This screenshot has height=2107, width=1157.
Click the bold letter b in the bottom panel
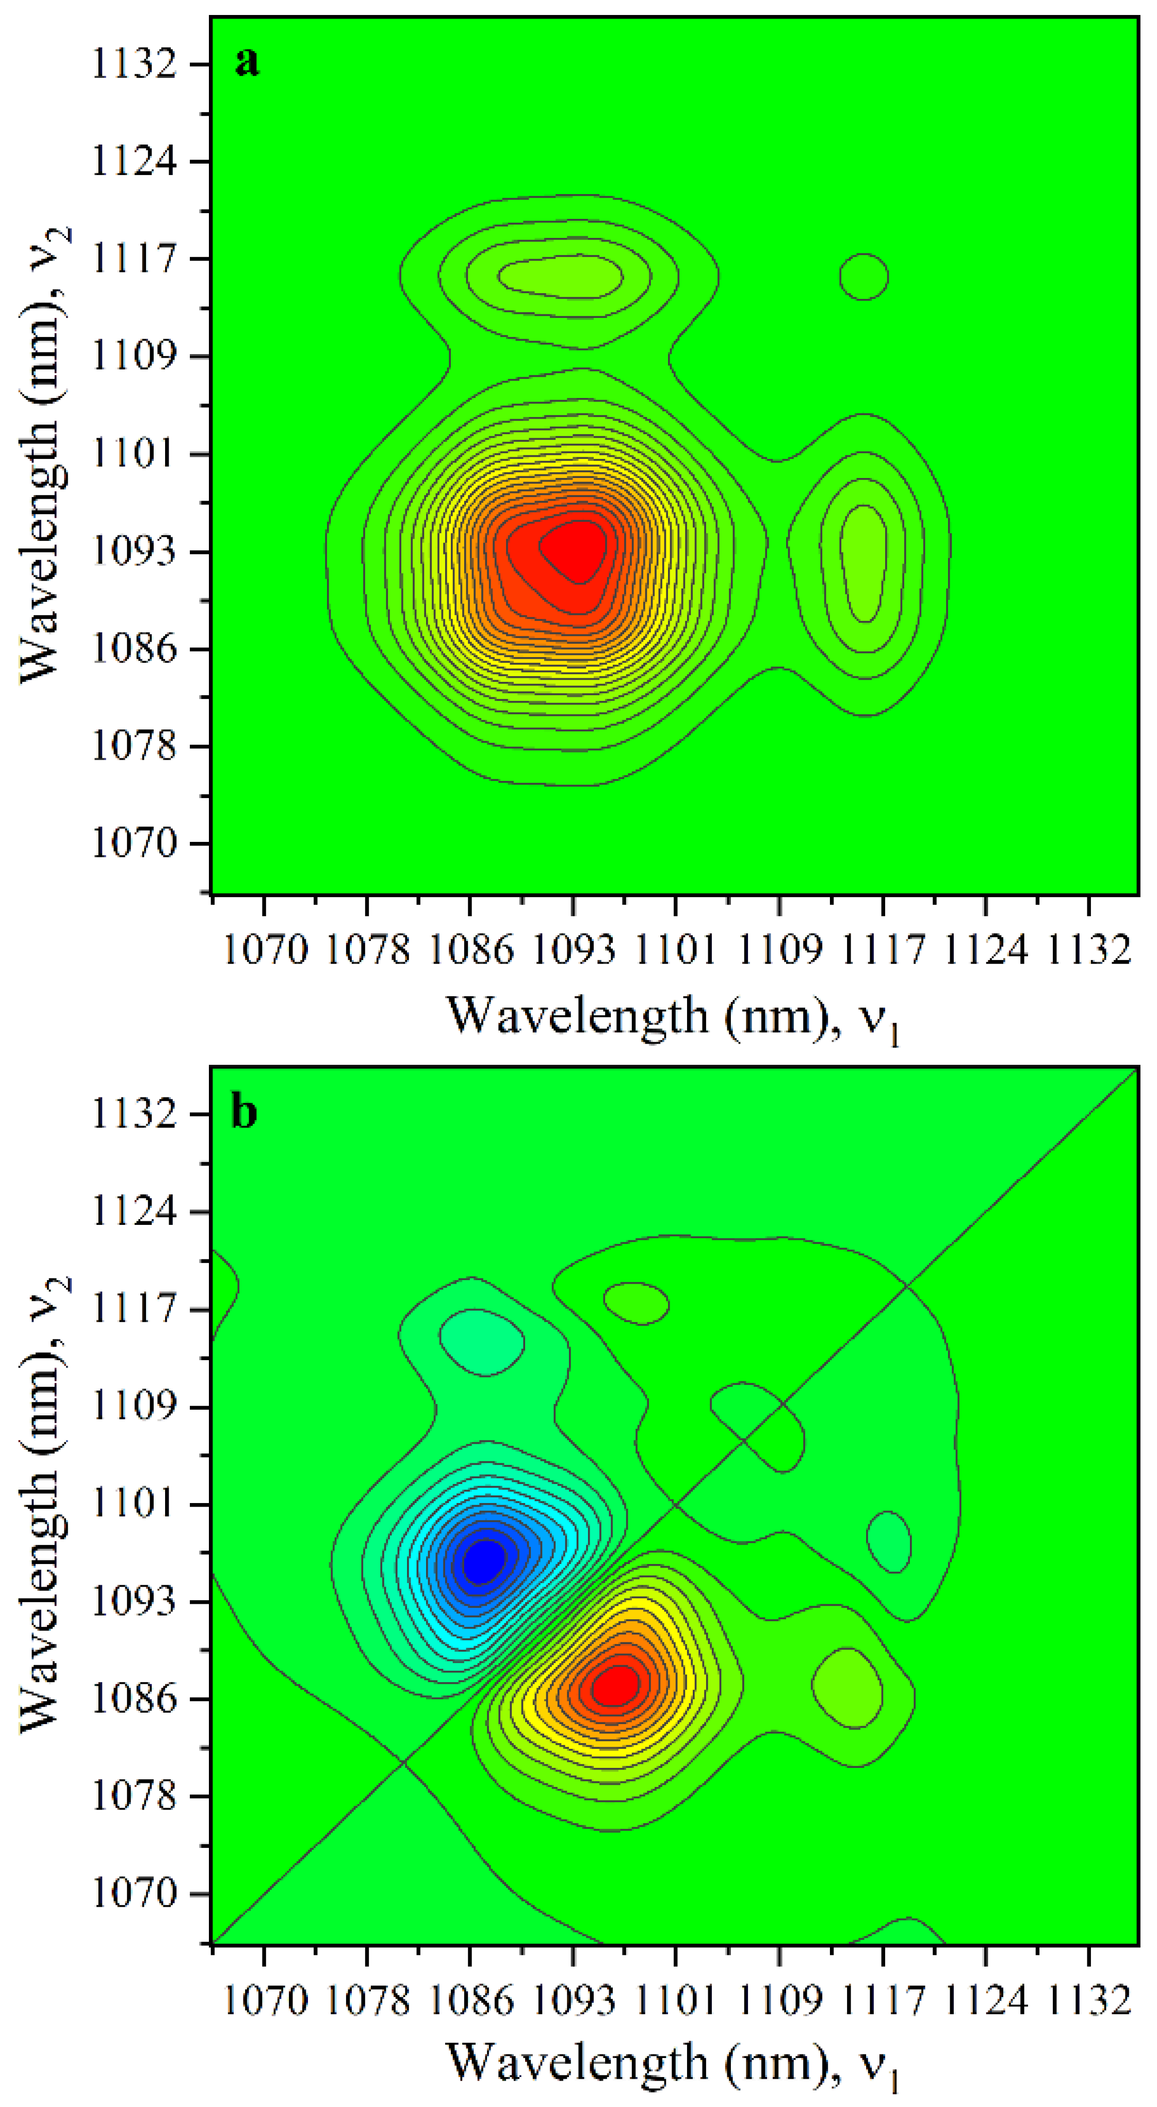(245, 1113)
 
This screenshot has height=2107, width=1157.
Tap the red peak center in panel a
(578, 550)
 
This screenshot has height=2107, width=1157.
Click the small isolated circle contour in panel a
(863, 277)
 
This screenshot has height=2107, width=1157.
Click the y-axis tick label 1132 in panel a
(133, 65)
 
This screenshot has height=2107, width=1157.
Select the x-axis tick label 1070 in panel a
(265, 950)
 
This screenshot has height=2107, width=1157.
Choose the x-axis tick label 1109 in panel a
(779, 950)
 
